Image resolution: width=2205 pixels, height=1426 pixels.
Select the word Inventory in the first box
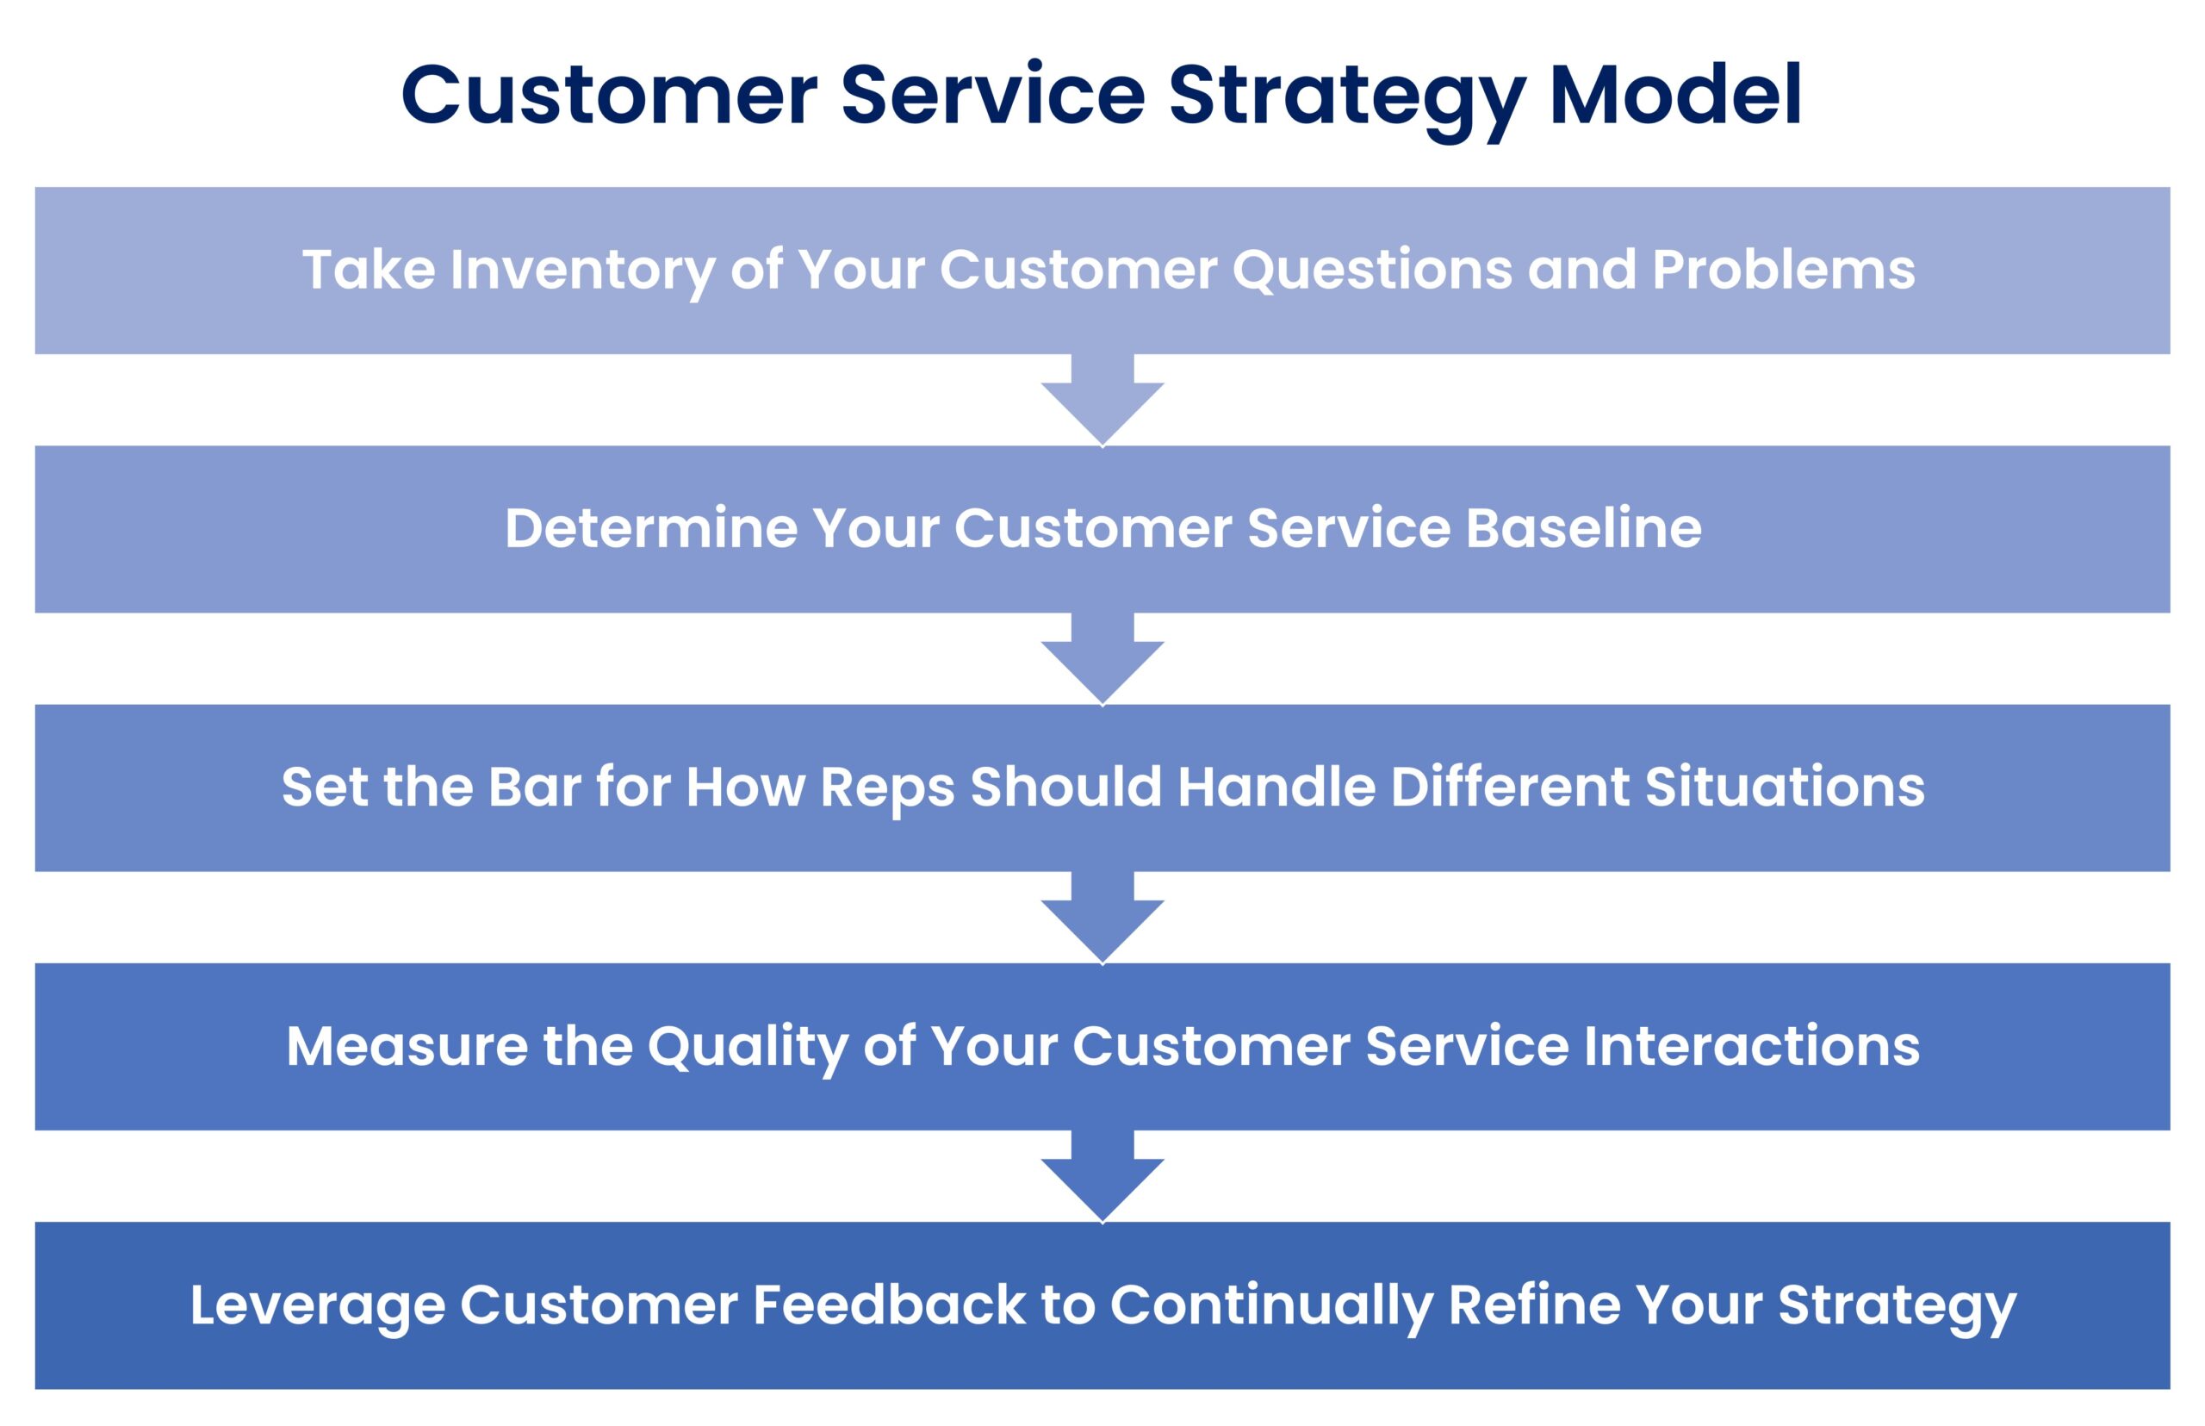tap(581, 271)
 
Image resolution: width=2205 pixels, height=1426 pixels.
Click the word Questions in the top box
tap(1371, 271)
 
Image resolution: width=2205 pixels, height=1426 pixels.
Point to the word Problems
tap(1783, 271)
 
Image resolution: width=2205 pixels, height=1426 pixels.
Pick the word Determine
tap(651, 529)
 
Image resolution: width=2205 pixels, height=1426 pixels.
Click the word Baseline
tap(1583, 529)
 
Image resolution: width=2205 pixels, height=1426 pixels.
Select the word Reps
tap(887, 789)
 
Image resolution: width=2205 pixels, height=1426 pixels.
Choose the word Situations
tap(1784, 787)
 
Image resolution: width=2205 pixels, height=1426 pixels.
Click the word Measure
tap(407, 1046)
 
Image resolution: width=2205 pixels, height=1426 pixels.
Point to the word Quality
tap(747, 1049)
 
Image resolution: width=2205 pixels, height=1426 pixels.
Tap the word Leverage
tap(317, 1306)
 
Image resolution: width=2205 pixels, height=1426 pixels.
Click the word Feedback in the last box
tap(889, 1305)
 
